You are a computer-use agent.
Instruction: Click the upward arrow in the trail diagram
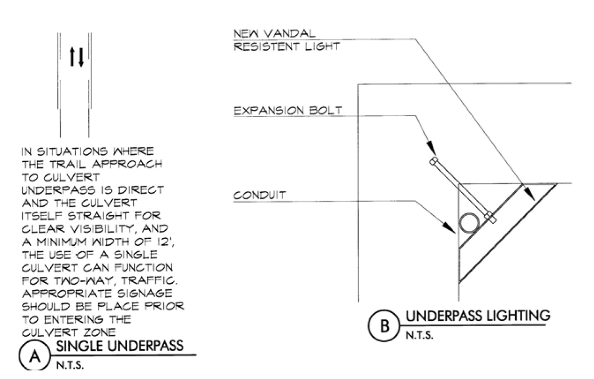pos(72,57)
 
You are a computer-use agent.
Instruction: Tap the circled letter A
pos(35,356)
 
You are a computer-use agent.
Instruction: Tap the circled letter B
pos(384,325)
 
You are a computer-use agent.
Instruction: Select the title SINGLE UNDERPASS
pos(120,346)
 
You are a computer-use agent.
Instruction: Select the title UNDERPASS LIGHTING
pos(478,316)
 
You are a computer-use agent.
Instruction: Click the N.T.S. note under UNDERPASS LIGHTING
pos(419,335)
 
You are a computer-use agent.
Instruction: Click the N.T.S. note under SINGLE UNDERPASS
pos(70,365)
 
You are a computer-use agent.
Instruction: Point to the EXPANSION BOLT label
pos(288,110)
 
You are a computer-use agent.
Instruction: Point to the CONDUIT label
pos(259,195)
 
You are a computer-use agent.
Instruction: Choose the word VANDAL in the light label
pos(290,33)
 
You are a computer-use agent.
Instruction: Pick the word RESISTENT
pos(266,46)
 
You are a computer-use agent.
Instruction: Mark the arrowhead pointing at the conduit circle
pos(449,228)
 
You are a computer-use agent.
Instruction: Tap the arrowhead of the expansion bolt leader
pos(431,148)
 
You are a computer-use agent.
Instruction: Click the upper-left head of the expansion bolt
pos(434,161)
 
